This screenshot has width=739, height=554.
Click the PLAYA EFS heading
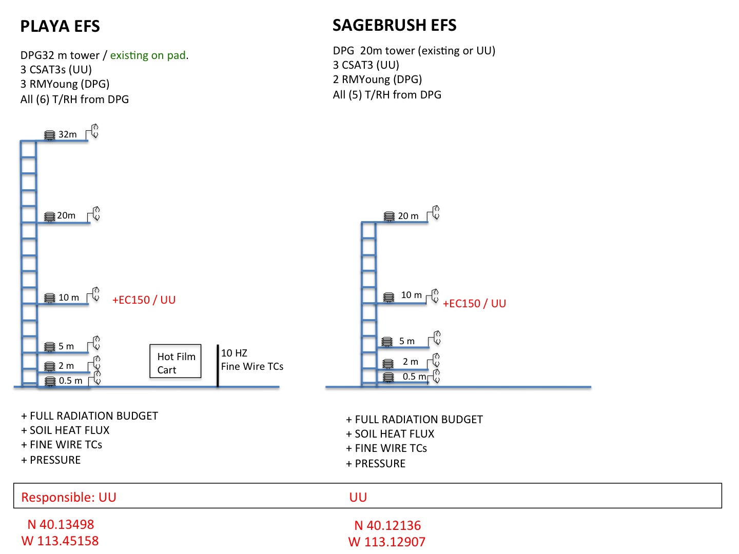click(60, 26)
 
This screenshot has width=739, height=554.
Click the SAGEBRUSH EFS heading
click(394, 25)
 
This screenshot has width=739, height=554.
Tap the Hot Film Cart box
click(176, 361)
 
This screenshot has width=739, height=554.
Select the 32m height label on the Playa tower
click(67, 134)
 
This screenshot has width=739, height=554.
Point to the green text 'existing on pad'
click(148, 55)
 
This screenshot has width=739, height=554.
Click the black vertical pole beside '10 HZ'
click(218, 366)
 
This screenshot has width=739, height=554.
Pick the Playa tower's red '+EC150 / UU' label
click(144, 300)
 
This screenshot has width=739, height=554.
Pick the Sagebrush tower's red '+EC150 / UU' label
click(474, 303)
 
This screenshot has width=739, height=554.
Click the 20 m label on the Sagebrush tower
click(408, 215)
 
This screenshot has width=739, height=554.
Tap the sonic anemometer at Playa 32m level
click(92, 131)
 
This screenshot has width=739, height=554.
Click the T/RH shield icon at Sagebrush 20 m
click(389, 216)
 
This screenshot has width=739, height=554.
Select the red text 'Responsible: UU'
click(69, 497)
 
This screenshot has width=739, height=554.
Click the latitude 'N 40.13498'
click(61, 524)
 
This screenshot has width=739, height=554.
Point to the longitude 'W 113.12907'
click(387, 542)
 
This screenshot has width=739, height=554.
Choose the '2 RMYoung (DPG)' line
click(377, 80)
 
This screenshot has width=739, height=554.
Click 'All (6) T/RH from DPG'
click(74, 99)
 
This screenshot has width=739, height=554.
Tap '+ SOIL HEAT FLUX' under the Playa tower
click(65, 430)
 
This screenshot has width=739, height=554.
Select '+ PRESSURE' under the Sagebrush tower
click(376, 463)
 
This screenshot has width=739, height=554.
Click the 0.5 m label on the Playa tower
click(70, 381)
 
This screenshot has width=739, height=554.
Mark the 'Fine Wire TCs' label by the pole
click(252, 366)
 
